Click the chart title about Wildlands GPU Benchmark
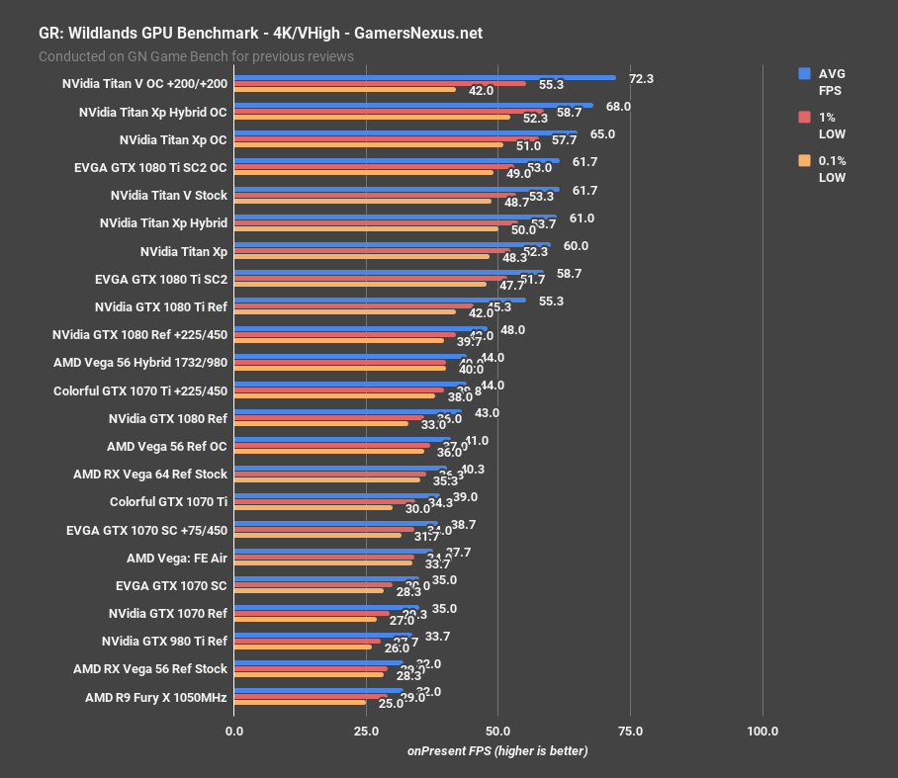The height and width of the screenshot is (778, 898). (260, 32)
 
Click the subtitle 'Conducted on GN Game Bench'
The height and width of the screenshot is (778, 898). (196, 56)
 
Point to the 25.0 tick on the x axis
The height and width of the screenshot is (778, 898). (366, 732)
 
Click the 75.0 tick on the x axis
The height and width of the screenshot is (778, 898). (630, 732)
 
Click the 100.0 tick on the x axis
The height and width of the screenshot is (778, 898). (763, 732)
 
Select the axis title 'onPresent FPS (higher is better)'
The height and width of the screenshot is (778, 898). (497, 751)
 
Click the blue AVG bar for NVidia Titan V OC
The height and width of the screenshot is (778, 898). (425, 77)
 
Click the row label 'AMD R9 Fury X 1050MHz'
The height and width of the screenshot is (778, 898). (156, 698)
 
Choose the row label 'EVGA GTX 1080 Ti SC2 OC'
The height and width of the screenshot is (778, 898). (150, 168)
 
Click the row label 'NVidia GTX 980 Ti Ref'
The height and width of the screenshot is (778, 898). (164, 642)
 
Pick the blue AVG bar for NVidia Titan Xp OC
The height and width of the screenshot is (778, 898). (405, 133)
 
